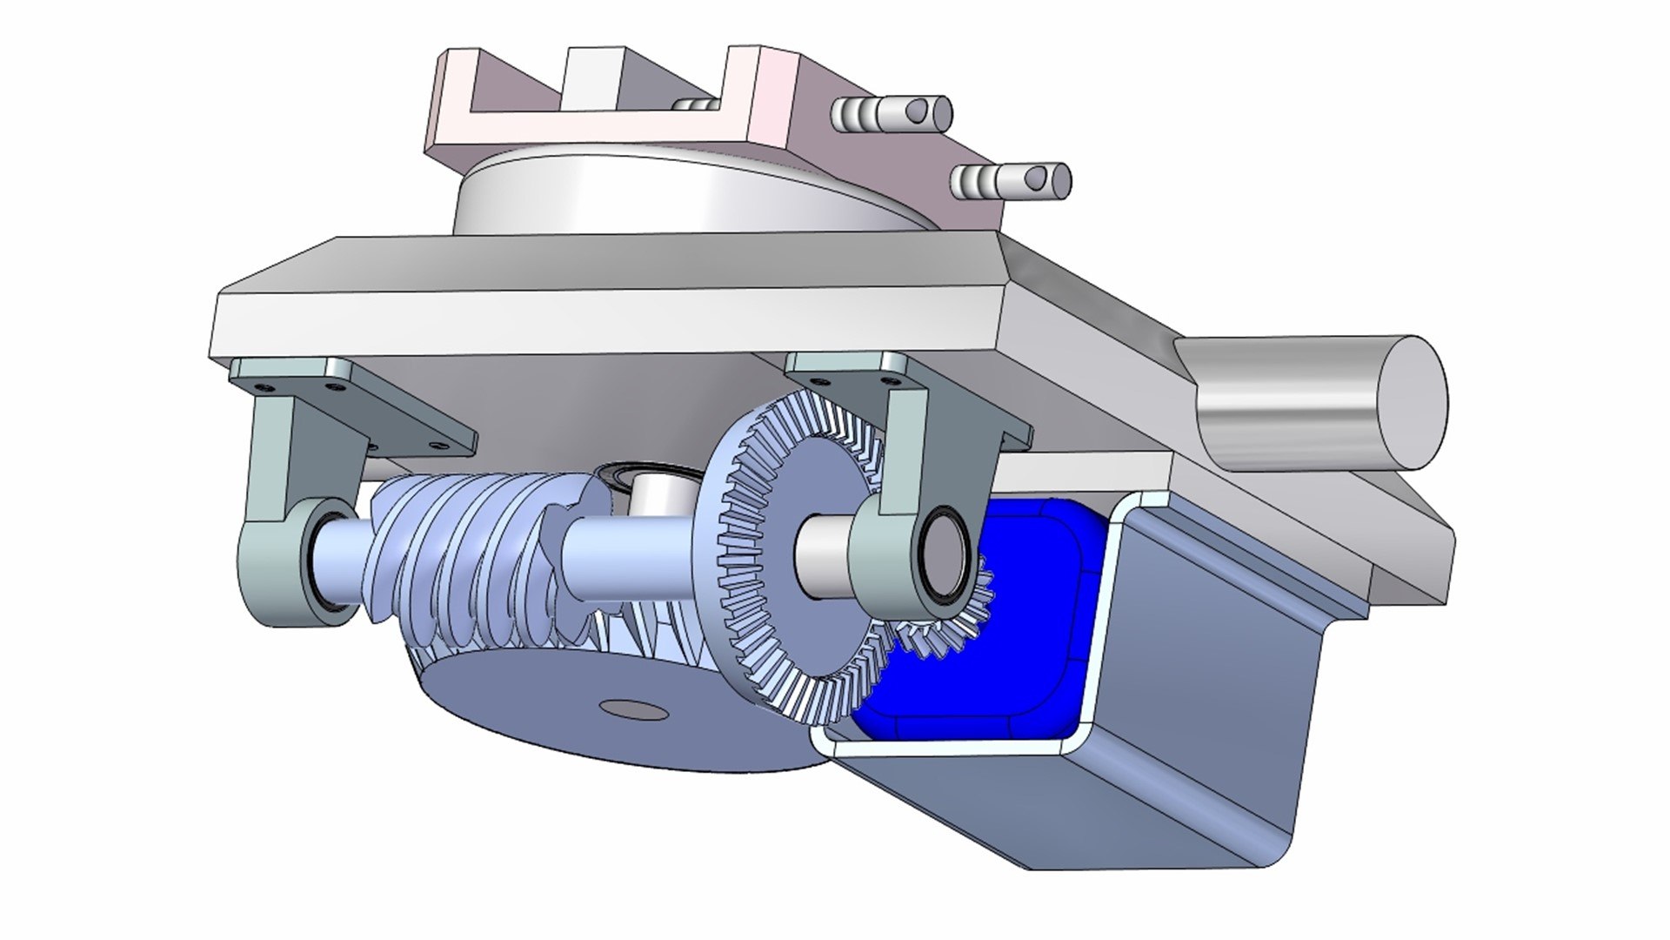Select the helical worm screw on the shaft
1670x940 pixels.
tap(461, 548)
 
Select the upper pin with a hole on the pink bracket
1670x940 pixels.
tap(892, 114)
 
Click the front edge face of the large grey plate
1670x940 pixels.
tap(609, 322)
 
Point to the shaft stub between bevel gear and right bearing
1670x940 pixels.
tap(822, 557)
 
